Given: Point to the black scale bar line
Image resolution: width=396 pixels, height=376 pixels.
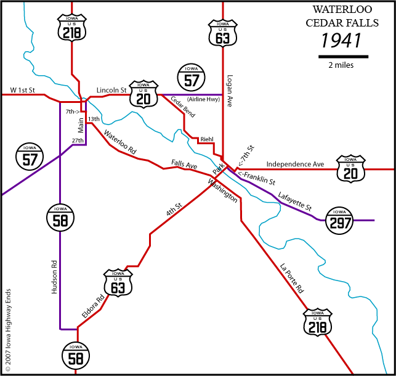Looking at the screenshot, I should [x=343, y=57].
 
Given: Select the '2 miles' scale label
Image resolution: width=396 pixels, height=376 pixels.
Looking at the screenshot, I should [x=341, y=65].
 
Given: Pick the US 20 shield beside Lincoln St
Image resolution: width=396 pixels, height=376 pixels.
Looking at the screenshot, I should [x=144, y=94].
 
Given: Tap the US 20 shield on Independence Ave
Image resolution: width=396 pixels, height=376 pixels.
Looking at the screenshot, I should [x=352, y=168].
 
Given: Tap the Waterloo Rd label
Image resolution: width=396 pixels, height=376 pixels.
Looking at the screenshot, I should [x=119, y=142].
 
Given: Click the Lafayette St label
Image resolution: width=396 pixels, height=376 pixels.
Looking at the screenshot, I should [x=295, y=200].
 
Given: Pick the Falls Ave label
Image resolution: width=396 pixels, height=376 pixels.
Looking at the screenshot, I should [x=184, y=163].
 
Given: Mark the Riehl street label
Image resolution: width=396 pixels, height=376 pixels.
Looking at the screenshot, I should [x=207, y=139].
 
